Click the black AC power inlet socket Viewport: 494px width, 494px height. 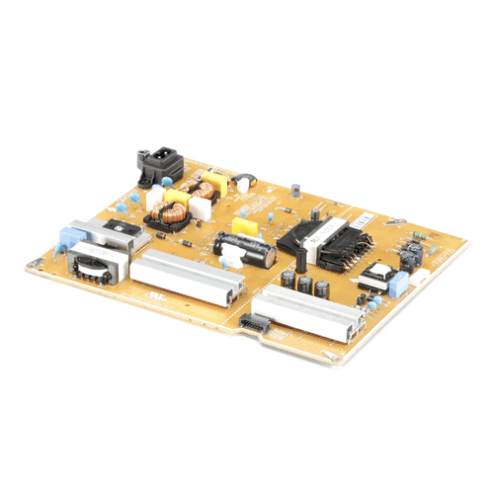(x=159, y=164)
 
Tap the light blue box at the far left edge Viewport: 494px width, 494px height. (x=69, y=237)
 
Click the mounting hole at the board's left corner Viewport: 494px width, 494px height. (x=37, y=262)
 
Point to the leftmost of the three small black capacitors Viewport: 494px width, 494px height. (x=288, y=279)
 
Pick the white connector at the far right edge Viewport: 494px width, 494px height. (x=435, y=252)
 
